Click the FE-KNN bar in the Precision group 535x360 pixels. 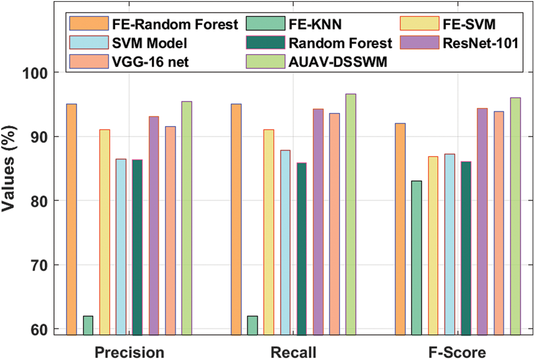tap(88, 325)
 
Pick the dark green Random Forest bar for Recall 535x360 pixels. tap(301, 248)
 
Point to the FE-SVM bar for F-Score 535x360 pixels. tap(433, 245)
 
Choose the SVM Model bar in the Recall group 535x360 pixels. tap(285, 242)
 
